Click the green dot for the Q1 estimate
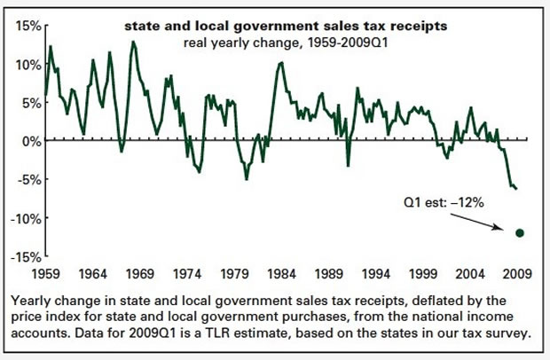tap(520, 233)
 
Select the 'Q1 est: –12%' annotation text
tap(441, 203)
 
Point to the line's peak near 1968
tap(133, 42)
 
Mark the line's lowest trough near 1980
tap(247, 179)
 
